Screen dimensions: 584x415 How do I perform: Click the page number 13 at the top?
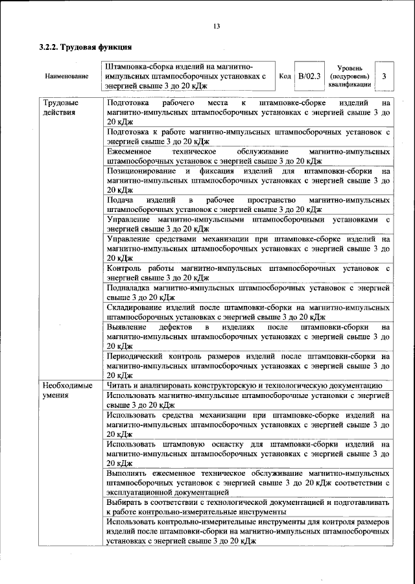click(217, 26)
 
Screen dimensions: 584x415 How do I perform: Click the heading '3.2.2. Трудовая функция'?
click(86, 49)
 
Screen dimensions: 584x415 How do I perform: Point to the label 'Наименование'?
click(67, 76)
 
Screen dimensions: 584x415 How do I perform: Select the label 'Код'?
click(284, 76)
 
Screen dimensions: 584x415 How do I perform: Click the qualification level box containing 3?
click(385, 76)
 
